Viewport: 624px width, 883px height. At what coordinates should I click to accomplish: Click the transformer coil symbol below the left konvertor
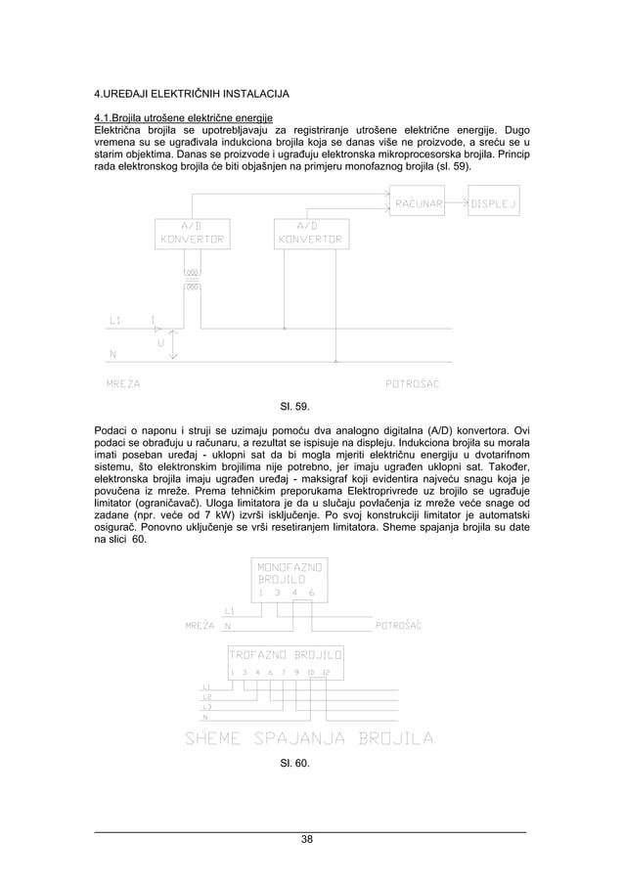[x=193, y=279]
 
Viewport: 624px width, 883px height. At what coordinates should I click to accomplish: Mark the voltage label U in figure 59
[x=160, y=343]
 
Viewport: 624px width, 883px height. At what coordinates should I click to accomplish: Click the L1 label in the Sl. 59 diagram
[x=114, y=320]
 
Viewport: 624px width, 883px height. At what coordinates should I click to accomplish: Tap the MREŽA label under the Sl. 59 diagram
[x=122, y=384]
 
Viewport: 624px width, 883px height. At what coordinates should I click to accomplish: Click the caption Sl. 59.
[x=295, y=405]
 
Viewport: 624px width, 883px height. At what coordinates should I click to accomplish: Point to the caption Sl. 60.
[x=295, y=763]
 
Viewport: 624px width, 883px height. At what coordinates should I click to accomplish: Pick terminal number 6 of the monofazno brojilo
[x=311, y=593]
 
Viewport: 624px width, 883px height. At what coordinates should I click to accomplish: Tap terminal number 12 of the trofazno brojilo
[x=326, y=673]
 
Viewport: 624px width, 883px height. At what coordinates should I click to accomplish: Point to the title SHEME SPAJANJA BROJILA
[x=309, y=738]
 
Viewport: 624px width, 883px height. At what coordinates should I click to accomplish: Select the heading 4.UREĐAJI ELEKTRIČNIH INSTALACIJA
[x=191, y=95]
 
